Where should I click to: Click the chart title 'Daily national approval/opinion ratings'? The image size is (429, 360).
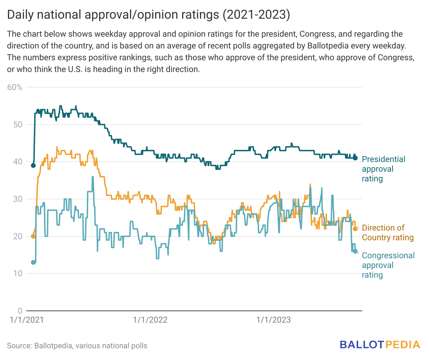click(x=148, y=15)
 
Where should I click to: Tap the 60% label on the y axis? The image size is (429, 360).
click(x=15, y=87)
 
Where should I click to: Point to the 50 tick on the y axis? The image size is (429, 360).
click(x=18, y=125)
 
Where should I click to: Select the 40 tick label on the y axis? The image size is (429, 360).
click(x=18, y=162)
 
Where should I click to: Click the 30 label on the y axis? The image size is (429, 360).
click(x=18, y=199)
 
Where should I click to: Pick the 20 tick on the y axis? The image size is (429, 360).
click(x=18, y=236)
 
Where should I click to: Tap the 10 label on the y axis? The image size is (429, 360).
click(x=18, y=273)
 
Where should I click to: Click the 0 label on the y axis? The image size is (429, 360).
click(x=20, y=311)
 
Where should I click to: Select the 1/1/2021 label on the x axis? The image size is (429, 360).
click(x=27, y=320)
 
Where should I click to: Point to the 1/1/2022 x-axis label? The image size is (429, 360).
click(x=150, y=320)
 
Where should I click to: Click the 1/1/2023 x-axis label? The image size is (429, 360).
click(x=273, y=320)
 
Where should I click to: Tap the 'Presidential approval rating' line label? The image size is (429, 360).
click(x=383, y=169)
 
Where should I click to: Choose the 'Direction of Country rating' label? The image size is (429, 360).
click(x=387, y=233)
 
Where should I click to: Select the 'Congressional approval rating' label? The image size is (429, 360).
click(x=388, y=265)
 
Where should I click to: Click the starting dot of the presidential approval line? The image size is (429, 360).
click(x=33, y=165)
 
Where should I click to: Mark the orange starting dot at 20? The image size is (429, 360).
click(x=33, y=236)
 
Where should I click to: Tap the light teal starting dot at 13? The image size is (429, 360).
click(x=33, y=262)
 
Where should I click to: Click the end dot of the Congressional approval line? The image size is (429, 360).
click(x=355, y=251)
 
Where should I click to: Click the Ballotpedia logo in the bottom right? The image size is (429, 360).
click(x=380, y=345)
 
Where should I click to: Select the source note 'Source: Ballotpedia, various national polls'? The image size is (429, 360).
click(x=77, y=346)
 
